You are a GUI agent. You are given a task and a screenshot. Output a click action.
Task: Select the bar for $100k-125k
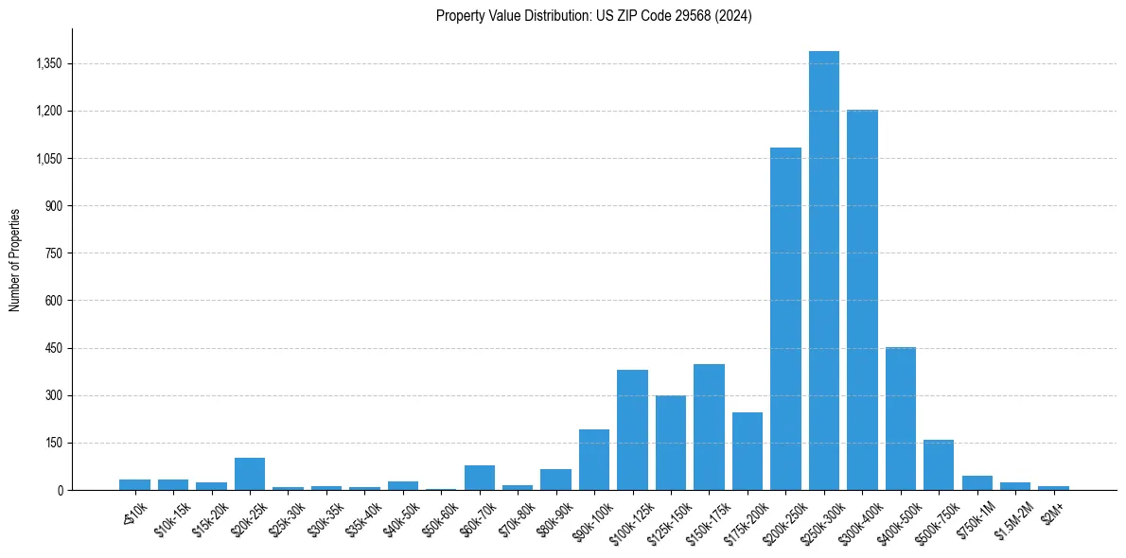point(632,429)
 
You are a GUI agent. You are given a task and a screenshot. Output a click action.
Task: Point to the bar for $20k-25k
point(250,474)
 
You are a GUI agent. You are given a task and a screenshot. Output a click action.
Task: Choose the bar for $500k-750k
point(939,464)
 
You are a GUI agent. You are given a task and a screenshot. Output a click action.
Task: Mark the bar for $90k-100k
point(594,460)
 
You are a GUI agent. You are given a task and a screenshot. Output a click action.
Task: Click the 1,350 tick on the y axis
point(46,64)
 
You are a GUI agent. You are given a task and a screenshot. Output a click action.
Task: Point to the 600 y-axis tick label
point(53,301)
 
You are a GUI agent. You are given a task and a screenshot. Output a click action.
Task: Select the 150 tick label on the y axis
point(53,443)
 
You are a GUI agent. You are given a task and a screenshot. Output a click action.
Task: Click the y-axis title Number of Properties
point(14,259)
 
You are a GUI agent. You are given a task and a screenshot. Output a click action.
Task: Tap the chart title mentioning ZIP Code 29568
point(594,16)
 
